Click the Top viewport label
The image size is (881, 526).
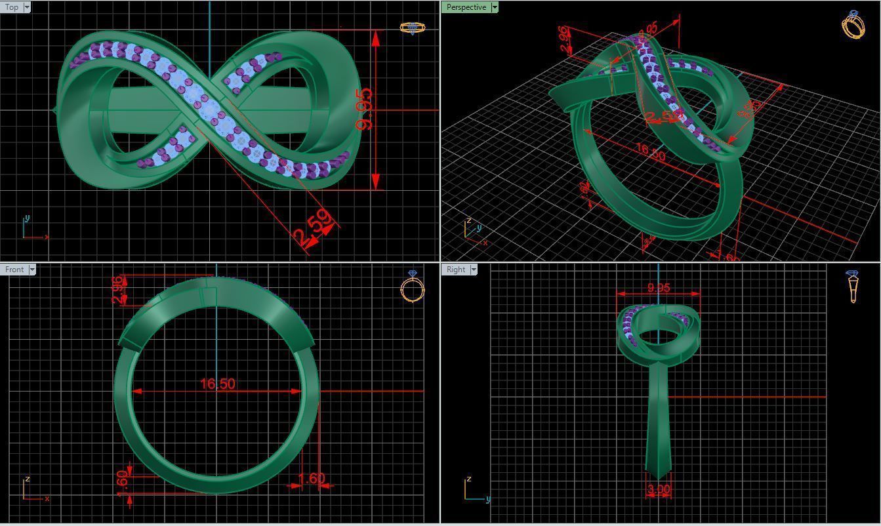(x=12, y=7)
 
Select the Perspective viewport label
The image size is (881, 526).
(x=466, y=7)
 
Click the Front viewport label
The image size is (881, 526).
(x=14, y=270)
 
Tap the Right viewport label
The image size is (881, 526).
(x=455, y=270)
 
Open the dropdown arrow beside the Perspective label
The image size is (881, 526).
(x=495, y=7)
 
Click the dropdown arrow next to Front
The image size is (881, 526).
(x=32, y=270)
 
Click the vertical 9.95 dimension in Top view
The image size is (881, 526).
(x=365, y=108)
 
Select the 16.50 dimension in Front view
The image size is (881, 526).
(x=217, y=384)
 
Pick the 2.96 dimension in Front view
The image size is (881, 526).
(x=118, y=289)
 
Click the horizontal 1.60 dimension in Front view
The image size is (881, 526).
(x=311, y=479)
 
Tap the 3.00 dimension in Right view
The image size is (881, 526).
(x=659, y=490)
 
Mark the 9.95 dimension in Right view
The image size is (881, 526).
(x=659, y=288)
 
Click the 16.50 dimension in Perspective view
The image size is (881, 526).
(x=650, y=152)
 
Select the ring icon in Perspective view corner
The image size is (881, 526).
(x=853, y=24)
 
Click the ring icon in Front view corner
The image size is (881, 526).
(x=413, y=287)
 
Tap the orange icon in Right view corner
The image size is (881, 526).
(x=853, y=286)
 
